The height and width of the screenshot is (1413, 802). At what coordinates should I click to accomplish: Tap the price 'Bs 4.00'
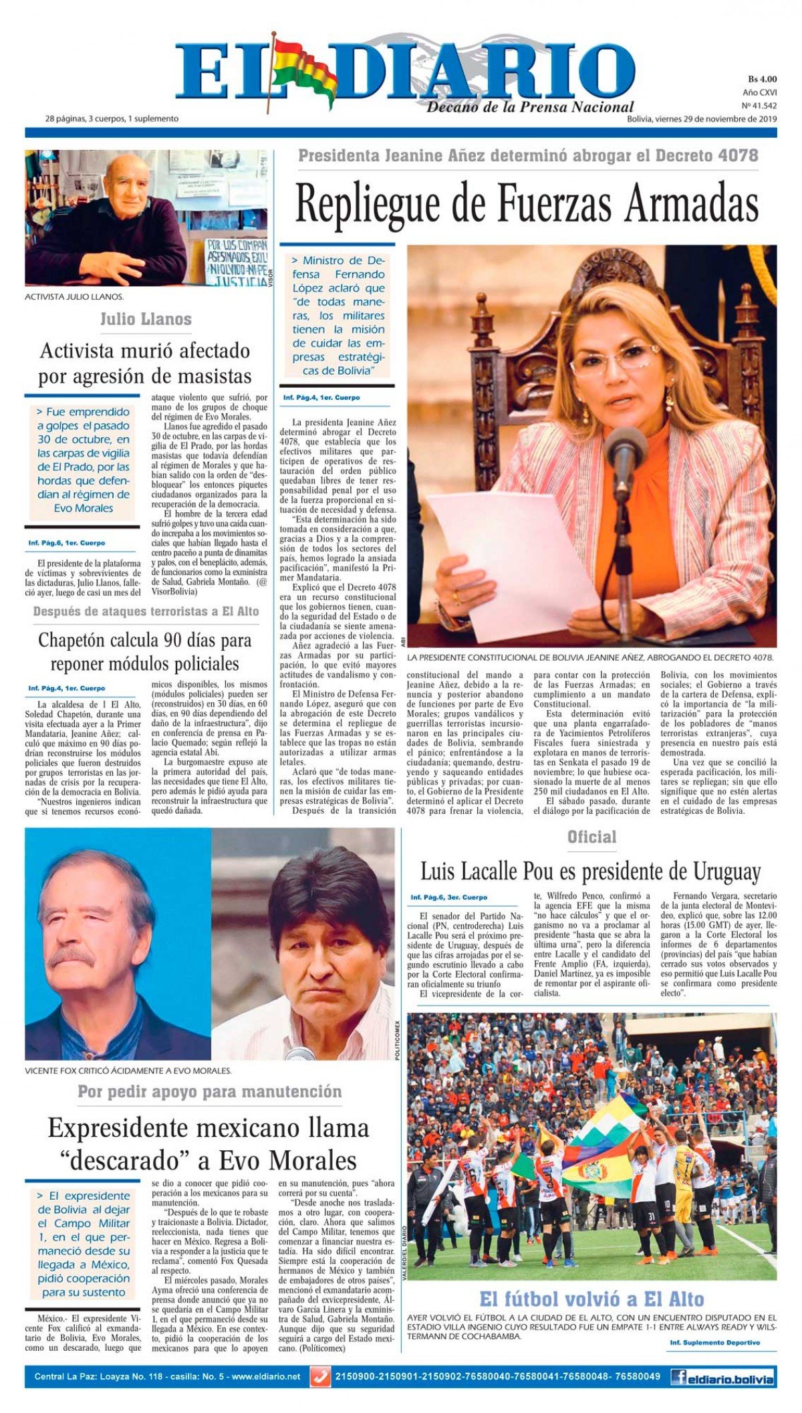pyautogui.click(x=762, y=79)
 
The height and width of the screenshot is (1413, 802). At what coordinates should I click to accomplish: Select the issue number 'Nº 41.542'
pyautogui.click(x=759, y=106)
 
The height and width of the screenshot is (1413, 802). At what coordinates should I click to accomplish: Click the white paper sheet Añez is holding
pyautogui.click(x=515, y=555)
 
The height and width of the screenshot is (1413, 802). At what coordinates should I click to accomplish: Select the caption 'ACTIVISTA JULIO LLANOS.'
pyautogui.click(x=74, y=296)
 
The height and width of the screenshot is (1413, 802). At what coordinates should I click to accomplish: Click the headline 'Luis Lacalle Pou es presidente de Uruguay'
pyautogui.click(x=590, y=871)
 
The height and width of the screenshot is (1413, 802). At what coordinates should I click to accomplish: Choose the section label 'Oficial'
pyautogui.click(x=591, y=837)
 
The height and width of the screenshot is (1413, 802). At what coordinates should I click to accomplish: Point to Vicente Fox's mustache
pyautogui.click(x=71, y=958)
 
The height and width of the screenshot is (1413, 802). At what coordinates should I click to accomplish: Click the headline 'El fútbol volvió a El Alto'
pyautogui.click(x=591, y=1299)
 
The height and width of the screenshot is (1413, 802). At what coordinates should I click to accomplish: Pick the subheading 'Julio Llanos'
pyautogui.click(x=146, y=319)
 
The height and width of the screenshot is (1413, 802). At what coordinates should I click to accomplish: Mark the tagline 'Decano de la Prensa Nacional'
pyautogui.click(x=530, y=107)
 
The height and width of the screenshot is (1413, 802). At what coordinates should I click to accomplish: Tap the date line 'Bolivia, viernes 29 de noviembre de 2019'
pyautogui.click(x=702, y=119)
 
